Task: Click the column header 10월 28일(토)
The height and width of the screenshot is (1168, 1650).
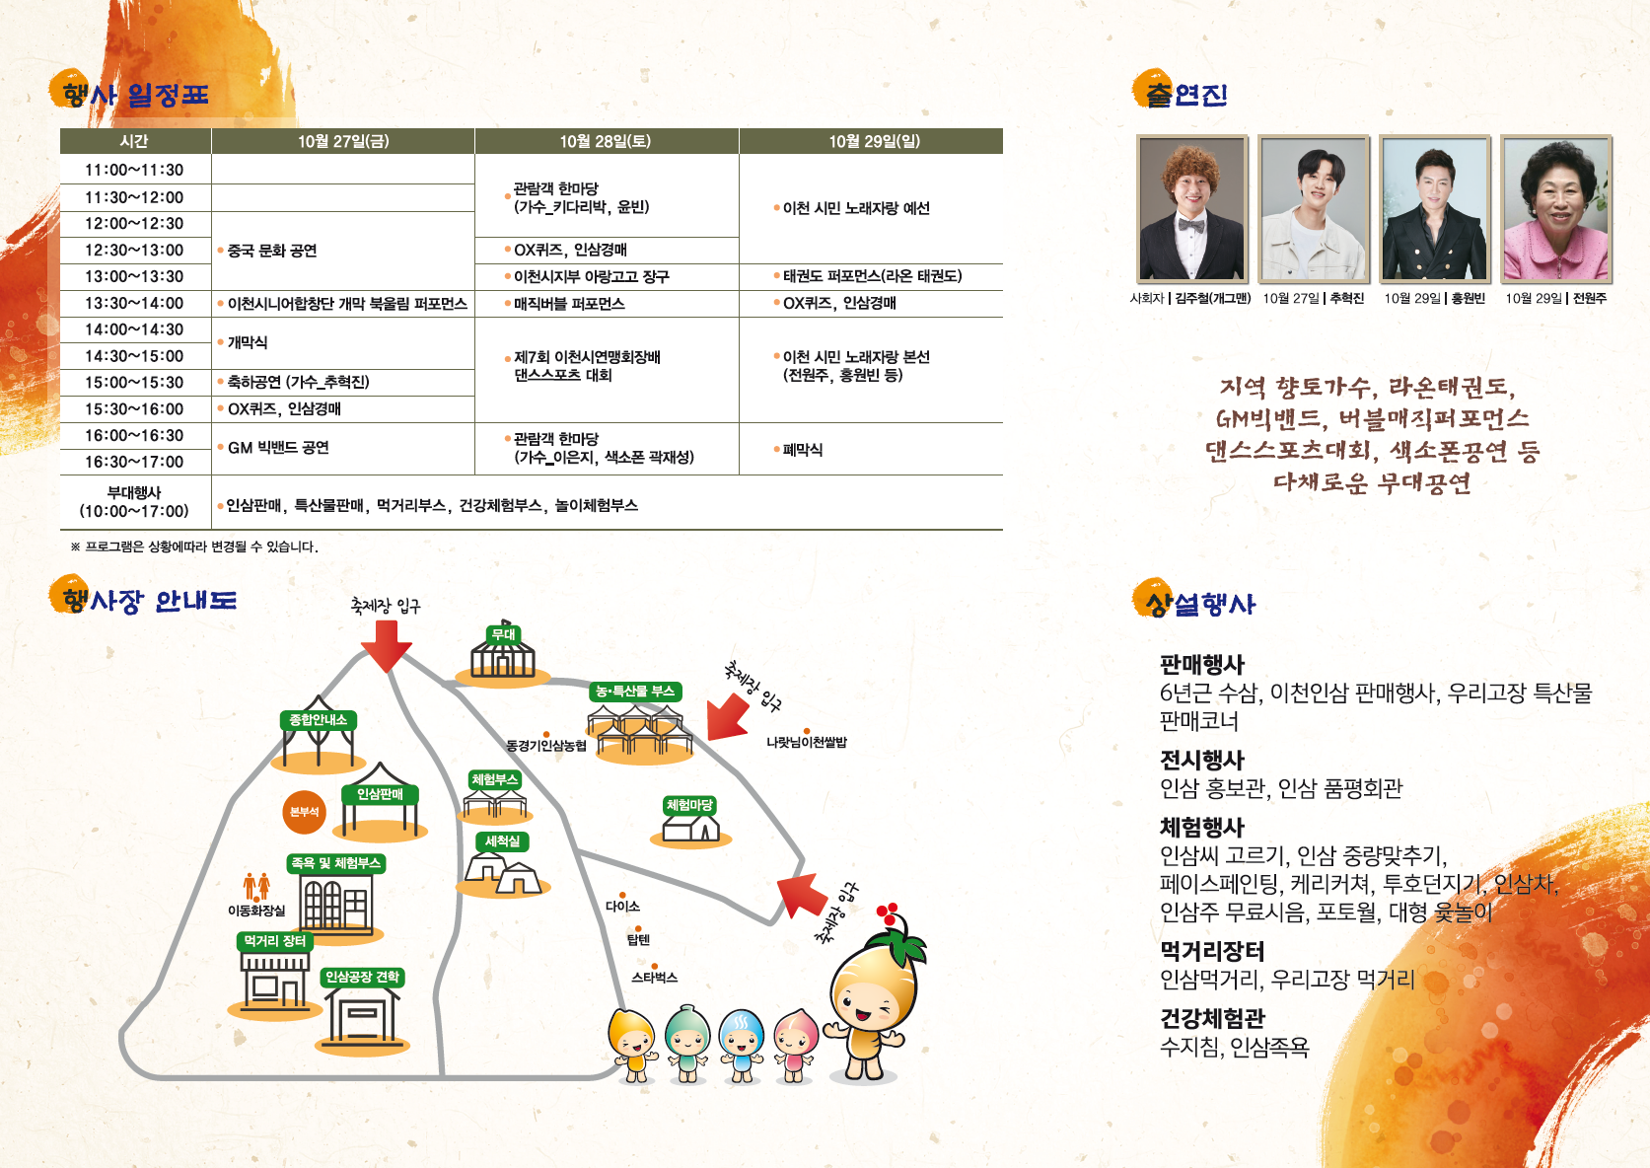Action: tap(606, 141)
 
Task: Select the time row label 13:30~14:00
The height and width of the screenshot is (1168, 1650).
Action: tap(134, 303)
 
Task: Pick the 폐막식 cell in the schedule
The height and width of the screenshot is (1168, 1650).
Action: tap(803, 450)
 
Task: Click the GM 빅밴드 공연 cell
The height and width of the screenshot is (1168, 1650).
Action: tap(278, 448)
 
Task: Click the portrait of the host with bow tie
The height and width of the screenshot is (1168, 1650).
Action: tap(1192, 209)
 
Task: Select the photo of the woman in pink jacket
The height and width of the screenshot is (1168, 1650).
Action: tap(1556, 209)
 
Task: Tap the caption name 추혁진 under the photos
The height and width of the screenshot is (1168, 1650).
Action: tap(1346, 298)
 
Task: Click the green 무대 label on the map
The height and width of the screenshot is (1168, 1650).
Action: tap(504, 634)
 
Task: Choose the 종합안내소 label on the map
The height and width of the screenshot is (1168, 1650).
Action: tap(318, 720)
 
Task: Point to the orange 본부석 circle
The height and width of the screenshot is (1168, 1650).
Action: tap(304, 812)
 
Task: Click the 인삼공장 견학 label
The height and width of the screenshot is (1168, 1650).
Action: tap(363, 977)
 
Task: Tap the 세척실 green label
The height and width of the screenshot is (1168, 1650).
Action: tap(502, 841)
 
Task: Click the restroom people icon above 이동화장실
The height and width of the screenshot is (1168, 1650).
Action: tap(256, 885)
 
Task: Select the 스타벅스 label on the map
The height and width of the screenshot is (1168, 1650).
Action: tap(654, 978)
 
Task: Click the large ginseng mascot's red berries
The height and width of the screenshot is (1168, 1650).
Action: tap(889, 913)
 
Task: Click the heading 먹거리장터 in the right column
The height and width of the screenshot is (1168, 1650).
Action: tap(1212, 951)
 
